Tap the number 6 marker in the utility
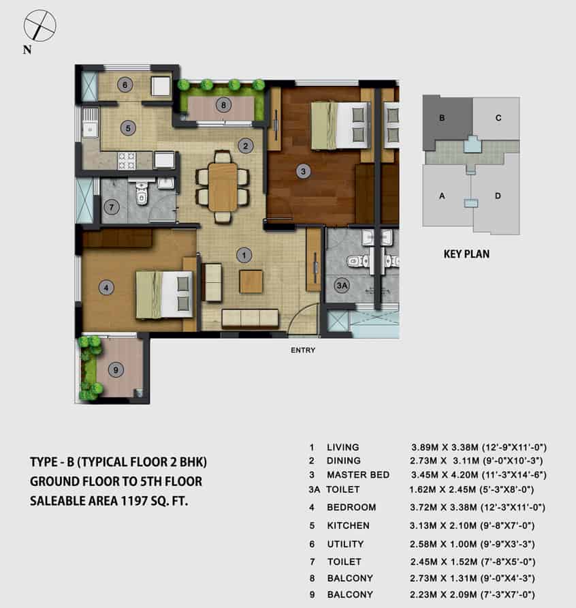click(x=125, y=85)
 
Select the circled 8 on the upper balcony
click(x=223, y=105)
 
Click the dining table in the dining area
click(x=223, y=187)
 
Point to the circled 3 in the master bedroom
click(x=303, y=171)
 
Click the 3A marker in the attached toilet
click(x=342, y=286)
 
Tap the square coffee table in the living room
click(x=251, y=282)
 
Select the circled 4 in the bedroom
click(x=106, y=288)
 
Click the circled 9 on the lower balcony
click(x=116, y=369)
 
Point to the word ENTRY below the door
click(x=303, y=350)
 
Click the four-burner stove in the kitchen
click(x=127, y=161)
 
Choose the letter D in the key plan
click(x=498, y=196)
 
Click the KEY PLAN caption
click(x=466, y=254)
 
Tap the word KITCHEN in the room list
click(x=348, y=526)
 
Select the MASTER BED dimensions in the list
click(x=479, y=474)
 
